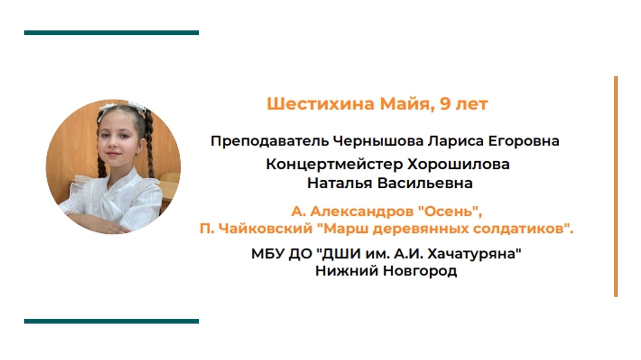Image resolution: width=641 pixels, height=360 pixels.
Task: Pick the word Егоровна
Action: (x=523, y=141)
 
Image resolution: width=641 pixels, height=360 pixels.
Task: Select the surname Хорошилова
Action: (x=459, y=164)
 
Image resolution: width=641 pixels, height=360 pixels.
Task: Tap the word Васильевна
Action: (x=425, y=183)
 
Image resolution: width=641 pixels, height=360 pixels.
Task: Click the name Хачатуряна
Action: (x=474, y=254)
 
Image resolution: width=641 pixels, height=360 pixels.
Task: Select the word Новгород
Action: (x=420, y=271)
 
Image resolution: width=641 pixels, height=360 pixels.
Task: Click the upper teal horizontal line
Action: (x=112, y=33)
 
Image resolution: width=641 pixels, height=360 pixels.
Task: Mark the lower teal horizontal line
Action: (x=112, y=321)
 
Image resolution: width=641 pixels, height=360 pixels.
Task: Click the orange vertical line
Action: (x=616, y=186)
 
